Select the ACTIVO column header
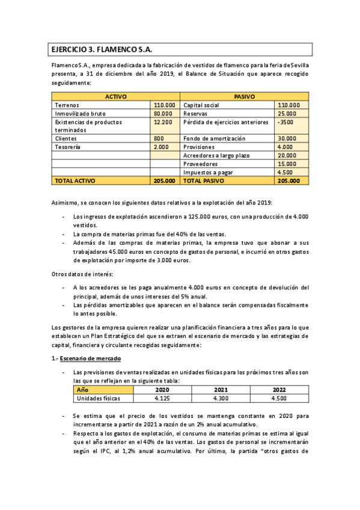pos(116,96)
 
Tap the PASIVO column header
pos(244,96)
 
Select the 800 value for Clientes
pos(159,138)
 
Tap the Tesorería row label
pos(69,147)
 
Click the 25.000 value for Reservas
pos(287,113)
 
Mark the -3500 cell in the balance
pos(285,121)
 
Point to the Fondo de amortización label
pos(214,138)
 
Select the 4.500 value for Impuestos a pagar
pos(285,172)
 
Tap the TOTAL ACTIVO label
pos(75,180)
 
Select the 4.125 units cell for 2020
pos(161,398)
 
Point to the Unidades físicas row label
pos(98,398)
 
